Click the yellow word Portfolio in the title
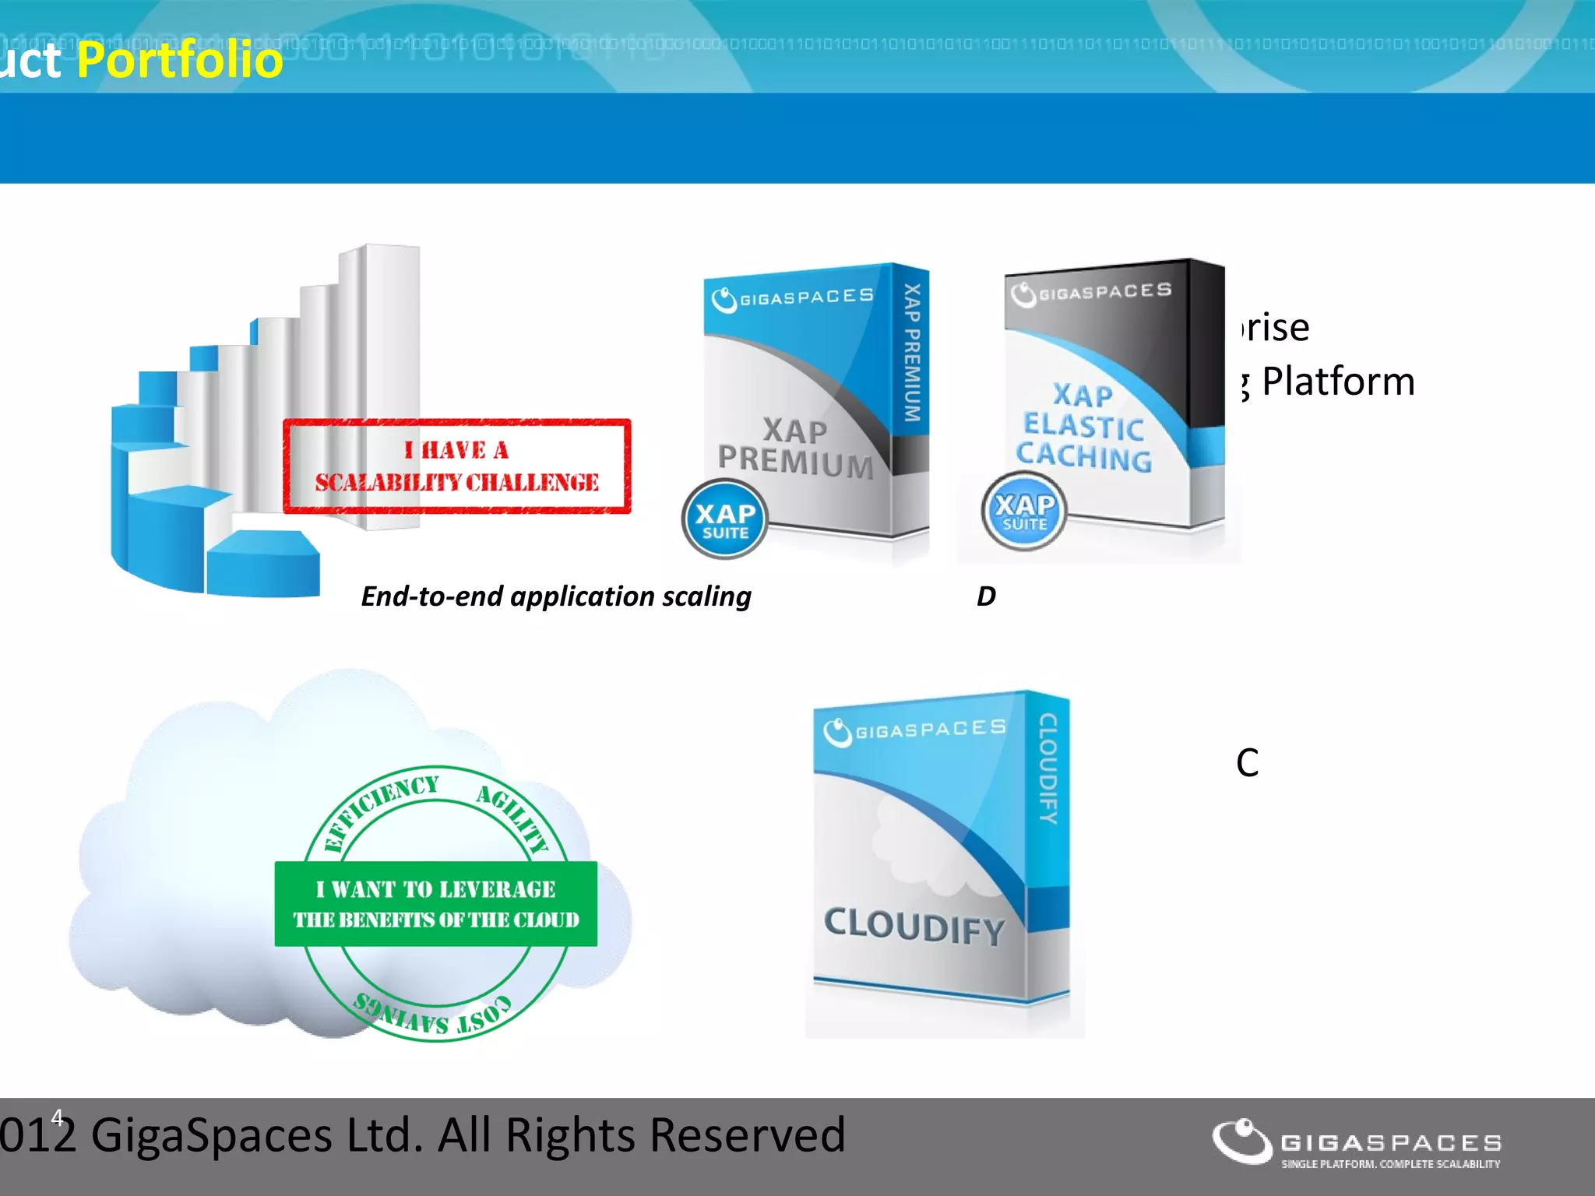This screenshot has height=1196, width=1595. pos(180,60)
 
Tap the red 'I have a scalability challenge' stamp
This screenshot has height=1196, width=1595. pos(457,466)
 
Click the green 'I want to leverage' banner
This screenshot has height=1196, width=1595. pos(436,904)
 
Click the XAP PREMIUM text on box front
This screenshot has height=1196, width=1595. pos(795,447)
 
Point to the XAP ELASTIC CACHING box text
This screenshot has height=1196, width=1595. pos(1083,427)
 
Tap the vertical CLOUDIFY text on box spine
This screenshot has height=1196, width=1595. pos(1048,769)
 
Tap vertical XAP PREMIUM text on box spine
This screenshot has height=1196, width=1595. pos(912,353)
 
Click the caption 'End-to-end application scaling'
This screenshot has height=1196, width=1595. pos(556,596)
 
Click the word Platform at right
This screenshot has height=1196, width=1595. pos(1337,382)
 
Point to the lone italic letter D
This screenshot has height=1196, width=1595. pos(986,596)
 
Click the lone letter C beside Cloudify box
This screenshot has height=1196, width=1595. pos(1247,763)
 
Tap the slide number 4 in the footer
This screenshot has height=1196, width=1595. pos(57,1118)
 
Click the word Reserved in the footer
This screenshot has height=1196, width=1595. pos(747,1134)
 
